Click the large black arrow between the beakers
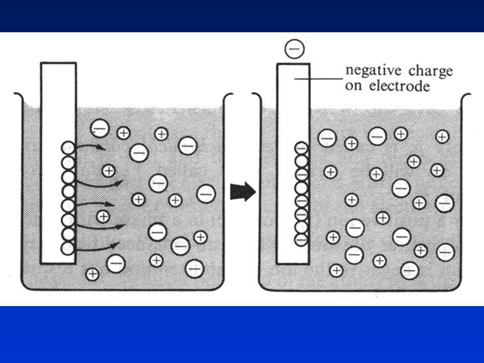click(x=243, y=192)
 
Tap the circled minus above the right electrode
click(x=295, y=49)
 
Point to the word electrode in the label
click(x=400, y=86)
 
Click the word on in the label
click(x=353, y=86)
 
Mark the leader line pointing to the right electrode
click(x=319, y=79)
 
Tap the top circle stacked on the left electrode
click(x=68, y=148)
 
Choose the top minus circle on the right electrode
click(x=301, y=148)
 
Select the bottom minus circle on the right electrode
click(x=301, y=239)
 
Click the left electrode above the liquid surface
click(x=58, y=85)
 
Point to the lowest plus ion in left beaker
click(x=92, y=274)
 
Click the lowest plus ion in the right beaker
click(x=336, y=271)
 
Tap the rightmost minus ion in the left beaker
click(x=206, y=194)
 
